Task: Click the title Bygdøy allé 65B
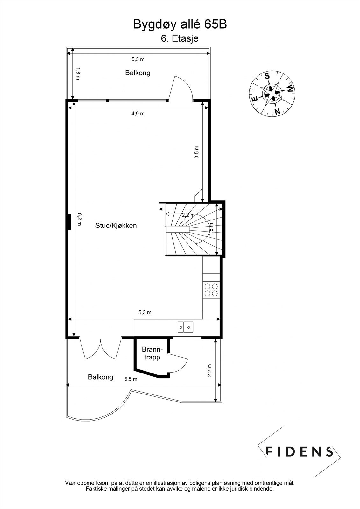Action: [180, 24]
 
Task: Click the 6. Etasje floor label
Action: [180, 38]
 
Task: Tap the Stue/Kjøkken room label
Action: [116, 226]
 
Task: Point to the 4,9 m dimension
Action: [138, 114]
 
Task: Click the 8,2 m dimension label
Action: [79, 219]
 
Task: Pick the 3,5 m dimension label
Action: [197, 152]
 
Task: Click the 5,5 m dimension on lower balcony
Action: [131, 379]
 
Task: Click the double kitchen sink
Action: [185, 327]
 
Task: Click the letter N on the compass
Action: [277, 112]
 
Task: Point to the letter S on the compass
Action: [267, 76]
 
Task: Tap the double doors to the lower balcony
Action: [101, 349]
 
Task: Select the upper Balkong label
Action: [138, 73]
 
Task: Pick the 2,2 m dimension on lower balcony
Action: [209, 370]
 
